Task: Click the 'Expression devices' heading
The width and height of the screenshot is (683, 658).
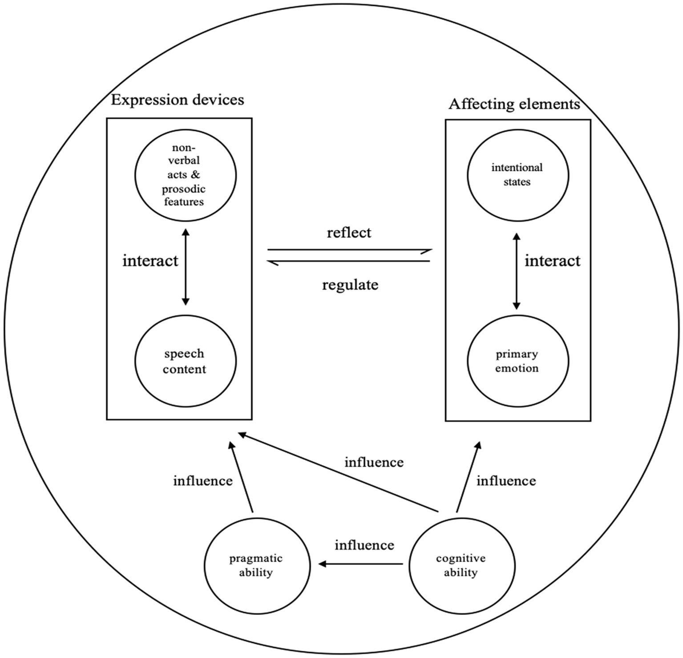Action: click(177, 100)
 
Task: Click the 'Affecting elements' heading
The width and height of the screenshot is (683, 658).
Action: click(514, 104)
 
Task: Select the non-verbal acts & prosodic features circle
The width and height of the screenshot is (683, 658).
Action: click(186, 175)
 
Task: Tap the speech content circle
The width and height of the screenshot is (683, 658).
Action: click(185, 361)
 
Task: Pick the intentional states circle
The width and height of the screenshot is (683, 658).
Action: click(517, 175)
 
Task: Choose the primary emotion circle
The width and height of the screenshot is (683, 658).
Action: click(517, 361)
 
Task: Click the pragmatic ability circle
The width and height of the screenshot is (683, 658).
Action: click(257, 565)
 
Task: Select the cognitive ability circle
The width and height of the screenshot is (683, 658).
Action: click(461, 565)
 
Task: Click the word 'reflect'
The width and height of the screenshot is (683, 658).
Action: click(349, 233)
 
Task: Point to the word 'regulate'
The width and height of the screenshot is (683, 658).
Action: click(350, 284)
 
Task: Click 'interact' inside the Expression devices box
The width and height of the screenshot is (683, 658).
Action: click(150, 261)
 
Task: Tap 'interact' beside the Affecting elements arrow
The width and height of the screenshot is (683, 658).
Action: click(552, 261)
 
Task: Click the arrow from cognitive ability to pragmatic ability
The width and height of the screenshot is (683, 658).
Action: click(360, 564)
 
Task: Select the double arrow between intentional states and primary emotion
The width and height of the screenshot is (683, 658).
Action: click(516, 271)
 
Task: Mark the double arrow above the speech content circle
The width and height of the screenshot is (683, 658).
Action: click(186, 267)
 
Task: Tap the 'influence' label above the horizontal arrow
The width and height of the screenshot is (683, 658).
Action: click(364, 545)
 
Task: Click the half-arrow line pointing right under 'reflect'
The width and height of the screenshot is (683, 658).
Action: click(349, 250)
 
